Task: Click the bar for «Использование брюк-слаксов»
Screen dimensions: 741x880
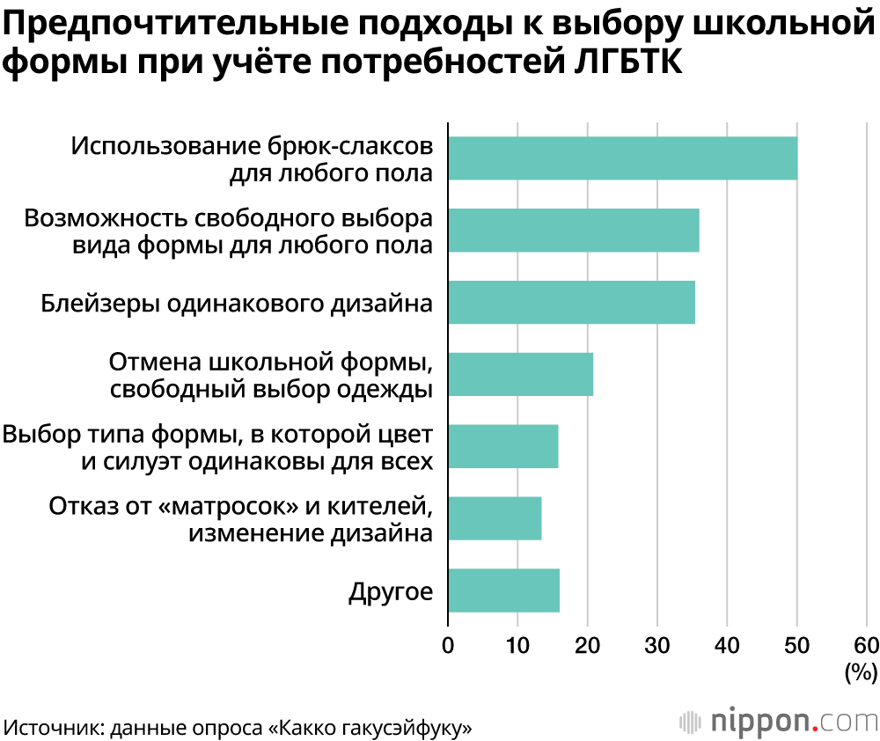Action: tap(622, 158)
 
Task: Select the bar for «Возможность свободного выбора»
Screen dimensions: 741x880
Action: tap(574, 231)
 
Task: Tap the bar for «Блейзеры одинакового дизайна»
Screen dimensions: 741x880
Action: tap(571, 303)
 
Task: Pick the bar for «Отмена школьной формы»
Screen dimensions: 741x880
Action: tap(520, 374)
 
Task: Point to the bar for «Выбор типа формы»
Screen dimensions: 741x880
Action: tap(502, 446)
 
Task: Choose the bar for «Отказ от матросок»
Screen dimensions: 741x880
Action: tap(495, 518)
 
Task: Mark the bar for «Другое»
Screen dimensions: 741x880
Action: tap(503, 590)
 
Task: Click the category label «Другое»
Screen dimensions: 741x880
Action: tap(391, 591)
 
